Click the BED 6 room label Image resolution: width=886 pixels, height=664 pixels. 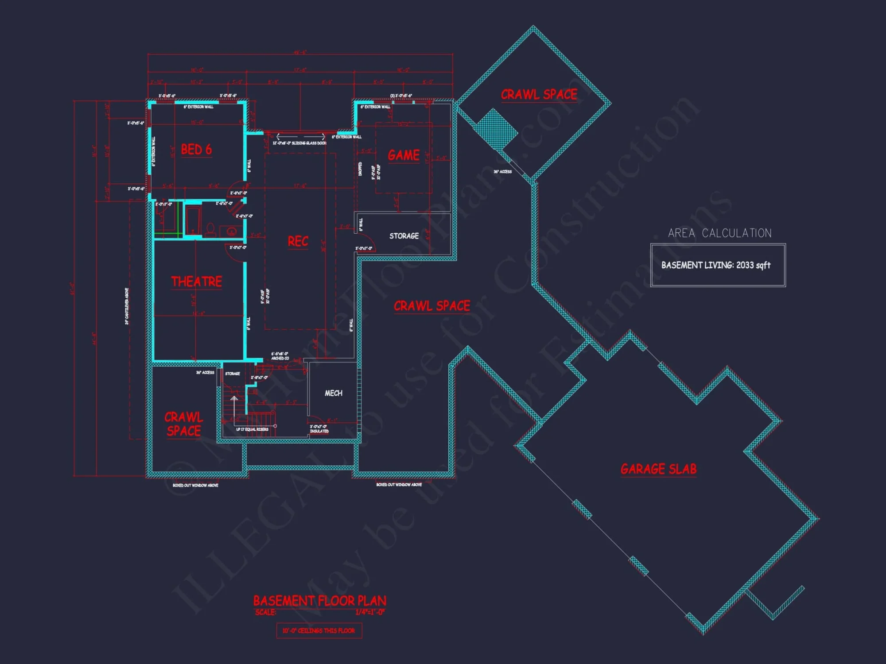pos(196,150)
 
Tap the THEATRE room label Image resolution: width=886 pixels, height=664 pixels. pos(196,282)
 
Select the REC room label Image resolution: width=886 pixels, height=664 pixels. pos(298,241)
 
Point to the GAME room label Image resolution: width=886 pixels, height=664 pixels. pos(404,155)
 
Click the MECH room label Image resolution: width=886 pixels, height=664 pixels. pos(333,393)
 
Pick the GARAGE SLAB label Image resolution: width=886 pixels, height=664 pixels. pos(658,469)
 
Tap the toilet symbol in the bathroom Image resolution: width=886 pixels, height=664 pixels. pos(210,229)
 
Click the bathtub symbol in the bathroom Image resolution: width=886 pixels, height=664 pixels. pos(193,219)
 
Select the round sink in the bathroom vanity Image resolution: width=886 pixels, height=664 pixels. pos(231,232)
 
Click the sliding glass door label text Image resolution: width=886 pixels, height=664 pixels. pos(299,143)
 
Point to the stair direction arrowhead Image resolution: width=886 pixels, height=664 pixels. pos(234,399)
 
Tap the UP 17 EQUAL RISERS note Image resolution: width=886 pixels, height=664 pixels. pos(252,429)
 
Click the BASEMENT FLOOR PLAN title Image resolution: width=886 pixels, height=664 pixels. pos(319,601)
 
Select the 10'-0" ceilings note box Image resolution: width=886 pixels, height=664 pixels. pos(319,630)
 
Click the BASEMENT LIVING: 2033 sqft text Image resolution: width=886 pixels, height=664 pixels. pos(716,265)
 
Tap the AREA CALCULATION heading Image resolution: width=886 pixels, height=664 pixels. pos(719,233)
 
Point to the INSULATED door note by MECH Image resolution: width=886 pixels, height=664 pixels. pos(319,431)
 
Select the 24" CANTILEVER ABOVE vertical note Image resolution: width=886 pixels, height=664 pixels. pos(127,306)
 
